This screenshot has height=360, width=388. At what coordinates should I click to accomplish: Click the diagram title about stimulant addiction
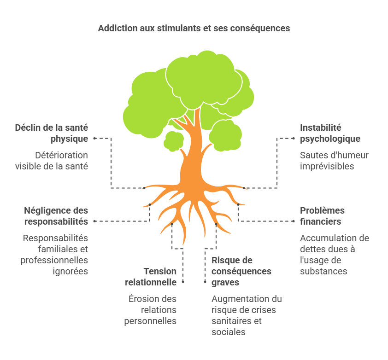[x=194, y=28]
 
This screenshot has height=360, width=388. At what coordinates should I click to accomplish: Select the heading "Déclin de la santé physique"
[x=52, y=133]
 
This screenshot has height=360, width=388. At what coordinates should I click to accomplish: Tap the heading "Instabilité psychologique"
[x=330, y=133]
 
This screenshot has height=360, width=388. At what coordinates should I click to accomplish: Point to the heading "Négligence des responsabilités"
[x=56, y=216]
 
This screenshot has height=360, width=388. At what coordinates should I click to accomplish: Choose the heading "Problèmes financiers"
[x=322, y=216]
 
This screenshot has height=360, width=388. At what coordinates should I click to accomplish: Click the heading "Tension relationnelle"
[x=151, y=277]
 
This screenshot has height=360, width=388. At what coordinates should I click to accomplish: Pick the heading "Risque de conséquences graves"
[x=241, y=271]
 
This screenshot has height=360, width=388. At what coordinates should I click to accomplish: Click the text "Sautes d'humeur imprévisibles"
[x=334, y=161]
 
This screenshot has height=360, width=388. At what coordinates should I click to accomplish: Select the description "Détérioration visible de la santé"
[x=52, y=161]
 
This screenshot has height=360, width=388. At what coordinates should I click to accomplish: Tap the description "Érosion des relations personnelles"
[x=150, y=310]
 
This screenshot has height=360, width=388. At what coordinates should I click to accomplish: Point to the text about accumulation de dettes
[x=335, y=255]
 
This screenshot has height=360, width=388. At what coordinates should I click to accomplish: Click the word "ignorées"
[x=71, y=271]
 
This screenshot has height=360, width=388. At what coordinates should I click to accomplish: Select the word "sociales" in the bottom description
[x=229, y=332]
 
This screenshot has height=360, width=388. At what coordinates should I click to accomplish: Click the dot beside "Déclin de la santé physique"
[x=94, y=139]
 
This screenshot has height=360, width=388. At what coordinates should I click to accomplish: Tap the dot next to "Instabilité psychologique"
[x=294, y=139]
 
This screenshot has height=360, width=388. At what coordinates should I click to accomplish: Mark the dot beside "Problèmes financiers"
[x=294, y=221]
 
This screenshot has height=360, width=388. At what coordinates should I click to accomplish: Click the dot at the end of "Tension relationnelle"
[x=183, y=282]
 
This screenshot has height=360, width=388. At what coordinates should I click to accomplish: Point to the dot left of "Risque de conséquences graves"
[x=205, y=282]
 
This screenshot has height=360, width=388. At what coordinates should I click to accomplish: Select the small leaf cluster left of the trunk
[x=173, y=141]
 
